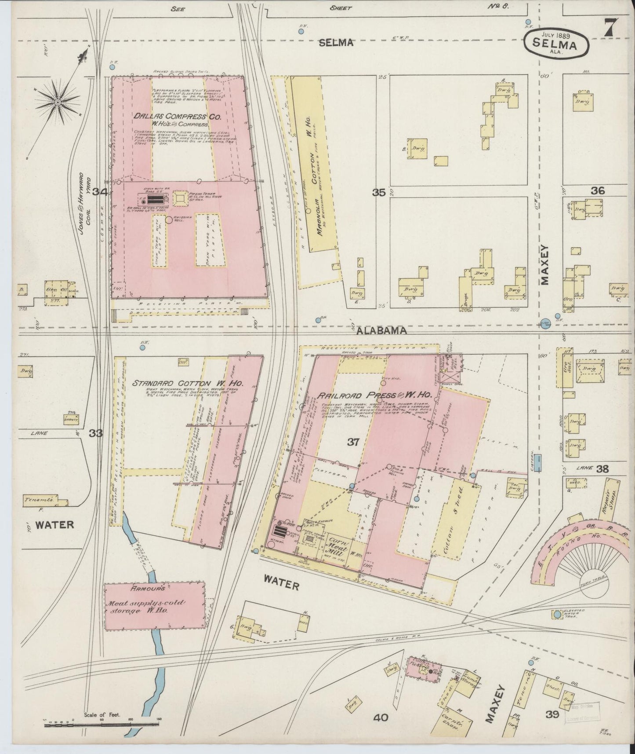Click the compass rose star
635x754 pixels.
[x=58, y=102]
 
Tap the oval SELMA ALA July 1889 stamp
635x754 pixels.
[x=557, y=44]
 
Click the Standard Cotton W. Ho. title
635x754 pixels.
[x=187, y=383]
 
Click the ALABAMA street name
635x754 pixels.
[x=381, y=331]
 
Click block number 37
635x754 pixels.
[x=353, y=443]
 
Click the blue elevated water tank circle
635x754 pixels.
[x=558, y=614]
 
